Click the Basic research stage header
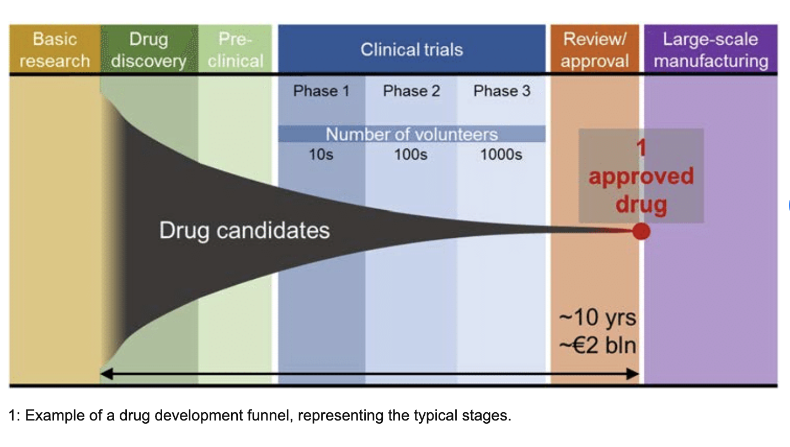pos(54,50)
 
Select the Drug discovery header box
pos(148,50)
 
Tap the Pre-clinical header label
pos(236,50)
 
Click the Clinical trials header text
pos(412,50)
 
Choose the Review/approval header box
pos(595,50)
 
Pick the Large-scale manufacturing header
pos(711,50)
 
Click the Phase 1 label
pos(321,91)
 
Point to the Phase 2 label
pos(412,91)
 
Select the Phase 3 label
pos(501,91)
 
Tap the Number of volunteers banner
pos(412,134)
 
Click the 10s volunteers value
pos(321,155)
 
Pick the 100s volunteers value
pos(410,155)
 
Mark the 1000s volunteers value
pos(501,155)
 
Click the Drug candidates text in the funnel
pos(244,230)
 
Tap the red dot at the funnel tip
pos(640,232)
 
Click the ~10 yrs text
pos(597,318)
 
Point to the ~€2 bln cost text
pos(597,345)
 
